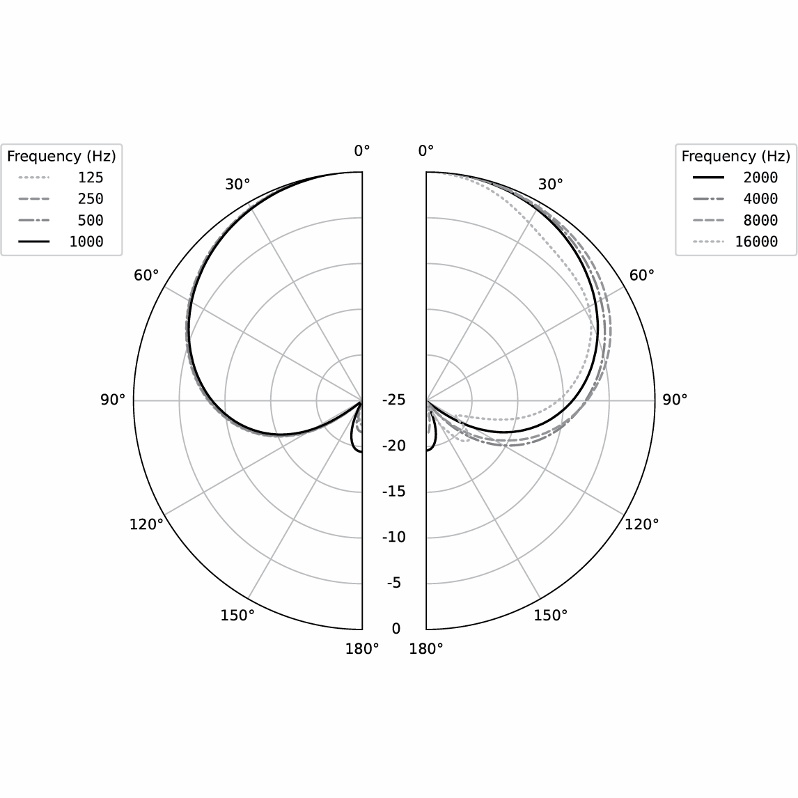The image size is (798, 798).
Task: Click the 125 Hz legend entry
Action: coord(61,178)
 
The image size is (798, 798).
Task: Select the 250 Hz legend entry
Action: coord(61,199)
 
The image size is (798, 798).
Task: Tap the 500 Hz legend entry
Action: coord(61,220)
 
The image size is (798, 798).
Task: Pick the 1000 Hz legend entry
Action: coord(61,242)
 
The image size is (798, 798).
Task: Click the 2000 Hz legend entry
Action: coord(735,178)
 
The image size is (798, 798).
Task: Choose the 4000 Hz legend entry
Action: coord(735,199)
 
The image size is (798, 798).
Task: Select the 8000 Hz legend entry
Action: coord(735,220)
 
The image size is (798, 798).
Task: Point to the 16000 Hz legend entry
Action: coord(735,242)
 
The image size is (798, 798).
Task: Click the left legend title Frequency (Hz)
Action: coord(61,156)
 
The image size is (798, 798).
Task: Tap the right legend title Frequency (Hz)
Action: coord(736,156)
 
